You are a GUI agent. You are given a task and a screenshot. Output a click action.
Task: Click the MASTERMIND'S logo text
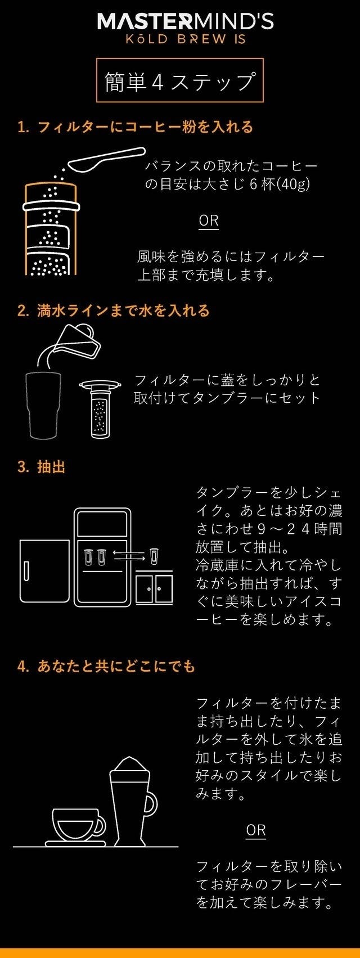(185, 22)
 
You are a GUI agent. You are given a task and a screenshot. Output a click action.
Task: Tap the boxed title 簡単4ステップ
(179, 80)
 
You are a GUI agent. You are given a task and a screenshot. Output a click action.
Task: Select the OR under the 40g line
(209, 221)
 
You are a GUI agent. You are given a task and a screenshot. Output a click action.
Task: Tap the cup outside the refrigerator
(154, 556)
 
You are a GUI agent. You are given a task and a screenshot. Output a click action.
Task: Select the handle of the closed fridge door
(26, 570)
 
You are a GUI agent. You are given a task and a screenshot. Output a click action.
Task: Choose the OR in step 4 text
(256, 830)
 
